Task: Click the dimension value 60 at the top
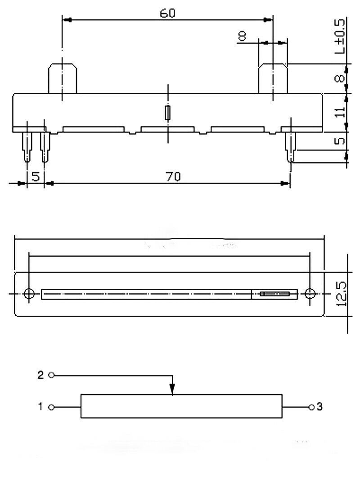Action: [x=167, y=13]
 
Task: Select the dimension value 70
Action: [x=173, y=177]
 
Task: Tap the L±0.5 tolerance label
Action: [x=340, y=36]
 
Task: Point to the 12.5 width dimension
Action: [x=341, y=294]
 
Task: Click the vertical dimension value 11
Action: [x=340, y=111]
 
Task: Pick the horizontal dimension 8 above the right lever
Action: [x=243, y=36]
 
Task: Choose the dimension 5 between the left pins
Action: [x=36, y=177]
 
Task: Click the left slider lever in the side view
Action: [x=63, y=78]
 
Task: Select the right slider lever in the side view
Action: [x=273, y=78]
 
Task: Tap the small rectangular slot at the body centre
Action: [x=168, y=113]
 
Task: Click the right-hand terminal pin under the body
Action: [x=290, y=147]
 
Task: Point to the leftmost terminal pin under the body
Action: [x=27, y=147]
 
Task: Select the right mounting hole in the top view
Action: [x=310, y=294]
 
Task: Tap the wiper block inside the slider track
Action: [x=274, y=294]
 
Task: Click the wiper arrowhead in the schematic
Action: [x=172, y=389]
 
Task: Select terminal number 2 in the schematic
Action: [x=40, y=375]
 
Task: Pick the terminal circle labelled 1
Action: [x=52, y=407]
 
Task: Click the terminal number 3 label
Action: [x=320, y=406]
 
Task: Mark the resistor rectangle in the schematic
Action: [x=181, y=406]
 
